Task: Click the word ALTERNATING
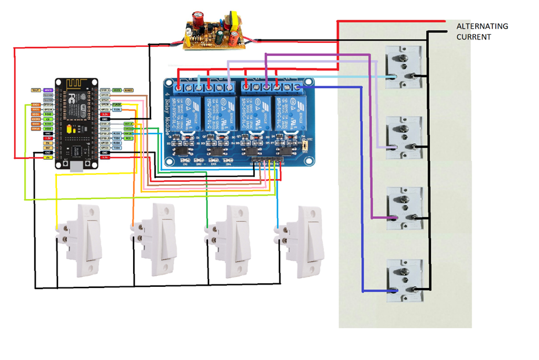482,27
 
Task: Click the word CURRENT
473,37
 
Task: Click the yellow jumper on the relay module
304,149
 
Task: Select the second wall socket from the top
404,137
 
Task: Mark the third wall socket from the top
404,208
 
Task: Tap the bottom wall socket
405,280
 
